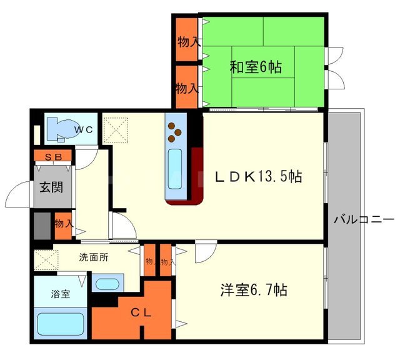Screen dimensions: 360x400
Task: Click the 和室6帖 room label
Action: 256,67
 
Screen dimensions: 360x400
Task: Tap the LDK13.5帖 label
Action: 259,177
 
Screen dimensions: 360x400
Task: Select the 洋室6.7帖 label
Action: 254,291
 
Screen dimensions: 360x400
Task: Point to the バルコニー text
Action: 364,219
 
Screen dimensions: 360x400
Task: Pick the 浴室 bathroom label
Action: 60,293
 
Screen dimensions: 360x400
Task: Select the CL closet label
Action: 140,313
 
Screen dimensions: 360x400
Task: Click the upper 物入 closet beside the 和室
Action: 187,41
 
